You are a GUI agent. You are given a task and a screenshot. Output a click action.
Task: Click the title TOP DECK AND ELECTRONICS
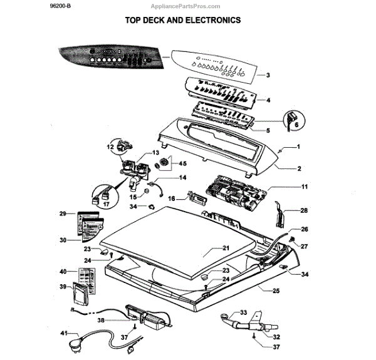click(183, 20)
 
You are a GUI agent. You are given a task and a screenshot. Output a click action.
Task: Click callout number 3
click(268, 75)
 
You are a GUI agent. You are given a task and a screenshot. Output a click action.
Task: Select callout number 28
click(305, 210)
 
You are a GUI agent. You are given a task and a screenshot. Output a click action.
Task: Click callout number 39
click(63, 286)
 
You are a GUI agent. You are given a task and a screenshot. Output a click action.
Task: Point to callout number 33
click(244, 312)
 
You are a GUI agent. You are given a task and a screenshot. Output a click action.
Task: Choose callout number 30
click(63, 240)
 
